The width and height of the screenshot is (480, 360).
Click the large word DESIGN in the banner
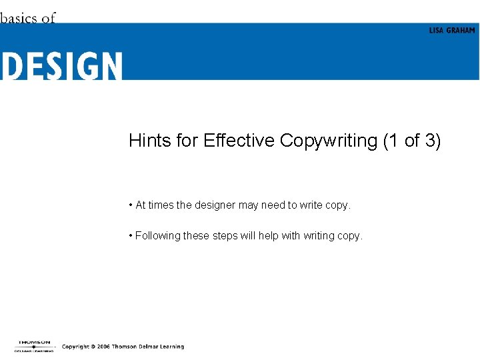pos(62,67)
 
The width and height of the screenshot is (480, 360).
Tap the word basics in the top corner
pos(19,18)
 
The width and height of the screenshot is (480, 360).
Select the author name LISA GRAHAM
pos(451,31)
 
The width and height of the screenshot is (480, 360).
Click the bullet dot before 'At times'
pos(131,205)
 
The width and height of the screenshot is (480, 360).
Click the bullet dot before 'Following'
pos(131,235)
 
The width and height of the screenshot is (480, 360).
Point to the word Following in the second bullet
pos(155,235)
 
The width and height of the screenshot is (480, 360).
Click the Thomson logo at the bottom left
pos(33,345)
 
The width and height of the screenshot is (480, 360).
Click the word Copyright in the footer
pos(76,347)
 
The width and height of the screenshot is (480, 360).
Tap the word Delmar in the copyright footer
pos(145,347)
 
